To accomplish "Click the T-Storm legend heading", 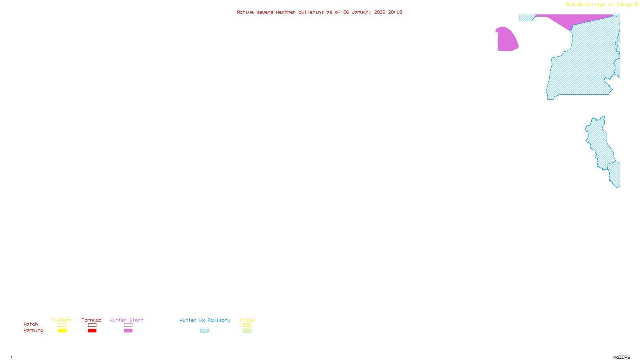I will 62,320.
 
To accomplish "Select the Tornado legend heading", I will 92,320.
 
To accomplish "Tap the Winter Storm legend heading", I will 126,320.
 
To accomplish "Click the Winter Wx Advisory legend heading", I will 205,320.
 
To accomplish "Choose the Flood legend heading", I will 247,320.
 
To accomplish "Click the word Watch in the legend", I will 31,324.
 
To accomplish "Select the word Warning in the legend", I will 34,330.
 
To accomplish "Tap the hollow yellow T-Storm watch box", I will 62,325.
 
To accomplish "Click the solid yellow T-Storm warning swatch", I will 62,331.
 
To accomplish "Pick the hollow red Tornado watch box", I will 92,325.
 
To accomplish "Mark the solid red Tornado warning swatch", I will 92,331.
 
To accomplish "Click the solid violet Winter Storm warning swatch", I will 128,331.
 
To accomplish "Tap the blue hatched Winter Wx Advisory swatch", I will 204,331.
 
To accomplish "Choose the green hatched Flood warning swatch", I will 247,331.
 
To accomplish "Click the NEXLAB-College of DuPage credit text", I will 600,5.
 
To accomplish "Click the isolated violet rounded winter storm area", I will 507,39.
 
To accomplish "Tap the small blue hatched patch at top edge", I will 526,18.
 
